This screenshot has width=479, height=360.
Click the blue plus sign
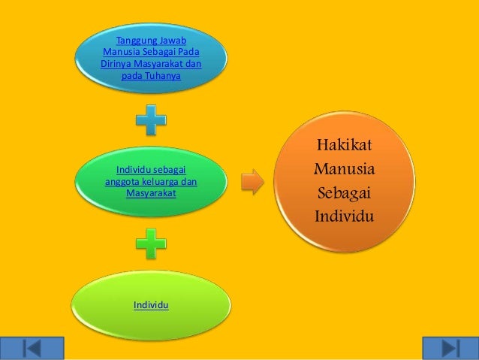click(x=151, y=120)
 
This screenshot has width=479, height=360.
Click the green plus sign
click(x=151, y=244)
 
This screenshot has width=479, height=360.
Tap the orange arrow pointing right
click(x=253, y=181)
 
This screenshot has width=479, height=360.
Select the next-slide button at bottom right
click(x=450, y=348)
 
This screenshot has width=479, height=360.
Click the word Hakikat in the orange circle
click(x=348, y=144)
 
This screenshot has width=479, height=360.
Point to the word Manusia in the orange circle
click(x=345, y=168)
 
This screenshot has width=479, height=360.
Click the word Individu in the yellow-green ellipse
click(x=150, y=304)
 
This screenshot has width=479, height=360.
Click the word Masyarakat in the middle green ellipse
click(x=151, y=193)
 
